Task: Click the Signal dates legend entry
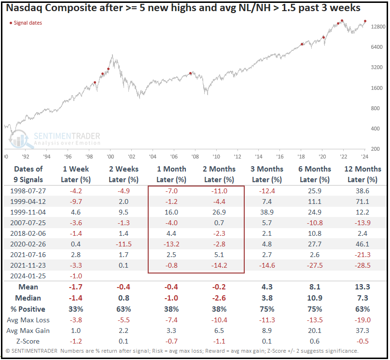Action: [x=26, y=23]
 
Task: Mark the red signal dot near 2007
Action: [x=191, y=73]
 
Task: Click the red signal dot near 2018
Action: [x=302, y=44]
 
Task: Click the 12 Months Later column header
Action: [x=363, y=174]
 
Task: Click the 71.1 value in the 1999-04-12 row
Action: [x=363, y=202]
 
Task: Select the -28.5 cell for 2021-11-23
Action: [x=363, y=265]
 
